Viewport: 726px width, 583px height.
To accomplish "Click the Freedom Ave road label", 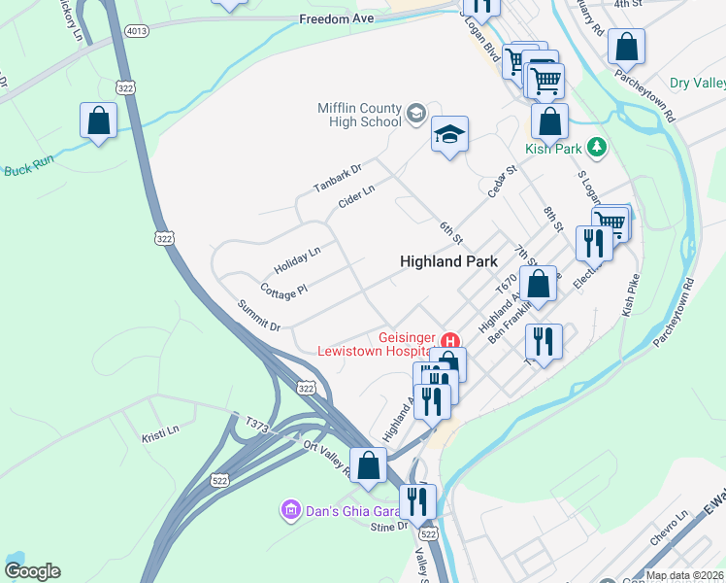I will click(x=336, y=18).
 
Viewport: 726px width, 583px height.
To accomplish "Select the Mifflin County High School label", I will click(x=359, y=115).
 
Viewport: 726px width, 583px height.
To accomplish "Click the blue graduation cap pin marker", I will click(x=449, y=135).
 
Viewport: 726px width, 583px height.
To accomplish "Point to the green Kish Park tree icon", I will click(x=600, y=148).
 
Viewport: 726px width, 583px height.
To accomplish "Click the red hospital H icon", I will click(x=450, y=341).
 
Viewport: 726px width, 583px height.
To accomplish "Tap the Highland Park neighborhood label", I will click(x=449, y=261).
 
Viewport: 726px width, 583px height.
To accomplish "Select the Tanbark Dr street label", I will click(x=337, y=177).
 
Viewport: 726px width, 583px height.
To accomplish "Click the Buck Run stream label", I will click(x=25, y=170).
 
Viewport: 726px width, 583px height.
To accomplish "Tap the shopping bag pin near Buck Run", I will click(x=98, y=122).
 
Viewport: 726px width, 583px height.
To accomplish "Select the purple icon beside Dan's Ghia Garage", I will click(x=288, y=509).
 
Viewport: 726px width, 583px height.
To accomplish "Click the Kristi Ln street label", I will click(x=160, y=429).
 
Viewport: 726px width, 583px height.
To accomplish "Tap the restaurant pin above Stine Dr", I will click(x=418, y=501).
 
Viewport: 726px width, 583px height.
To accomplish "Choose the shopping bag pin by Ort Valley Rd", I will click(x=369, y=465).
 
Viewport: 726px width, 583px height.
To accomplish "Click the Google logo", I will click(x=32, y=571).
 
